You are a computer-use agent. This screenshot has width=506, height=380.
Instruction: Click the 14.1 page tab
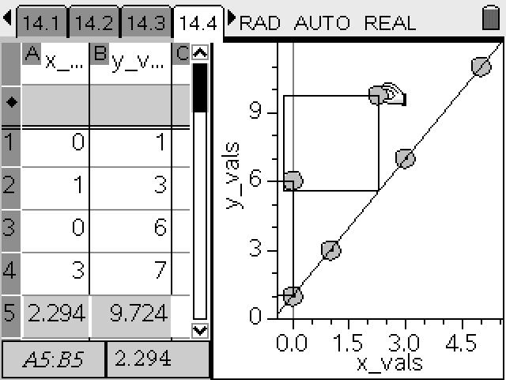click(x=41, y=22)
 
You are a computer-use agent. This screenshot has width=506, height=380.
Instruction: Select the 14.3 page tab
click(x=145, y=22)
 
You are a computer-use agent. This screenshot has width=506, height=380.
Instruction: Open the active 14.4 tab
click(x=198, y=22)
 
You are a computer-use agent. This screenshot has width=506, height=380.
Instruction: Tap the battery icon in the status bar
click(x=490, y=17)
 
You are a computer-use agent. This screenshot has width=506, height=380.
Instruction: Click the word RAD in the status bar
click(x=260, y=23)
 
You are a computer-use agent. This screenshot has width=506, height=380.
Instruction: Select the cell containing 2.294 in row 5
click(x=55, y=313)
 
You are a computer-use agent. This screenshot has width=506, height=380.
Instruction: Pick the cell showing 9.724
click(x=131, y=313)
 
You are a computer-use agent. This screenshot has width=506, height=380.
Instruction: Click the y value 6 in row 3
click(x=160, y=227)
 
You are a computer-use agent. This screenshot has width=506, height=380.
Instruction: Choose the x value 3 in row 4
click(x=78, y=270)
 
